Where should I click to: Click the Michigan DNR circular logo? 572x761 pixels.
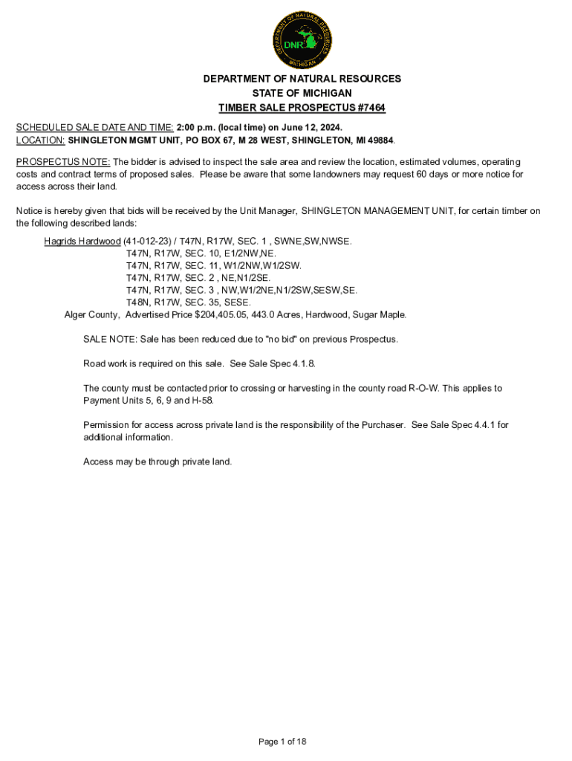(x=302, y=36)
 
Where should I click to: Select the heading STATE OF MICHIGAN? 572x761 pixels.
(x=302, y=93)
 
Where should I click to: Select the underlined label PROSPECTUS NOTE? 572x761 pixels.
(x=63, y=162)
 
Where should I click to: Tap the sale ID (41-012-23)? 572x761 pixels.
(x=146, y=242)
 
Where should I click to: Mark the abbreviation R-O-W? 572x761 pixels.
(x=422, y=388)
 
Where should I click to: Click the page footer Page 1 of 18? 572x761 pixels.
(x=282, y=742)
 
